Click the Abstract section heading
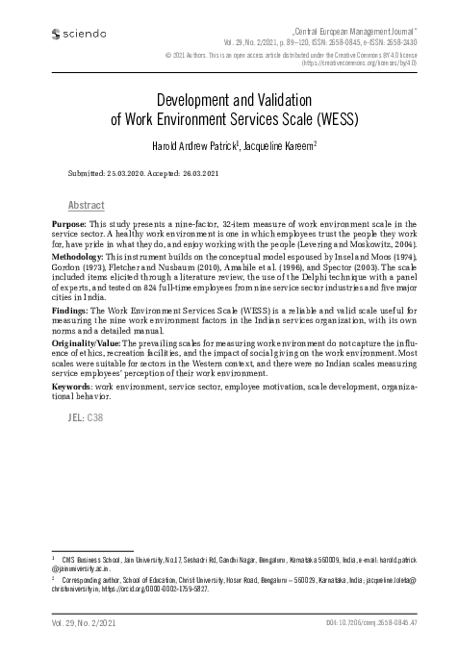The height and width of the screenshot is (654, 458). (x=87, y=206)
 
